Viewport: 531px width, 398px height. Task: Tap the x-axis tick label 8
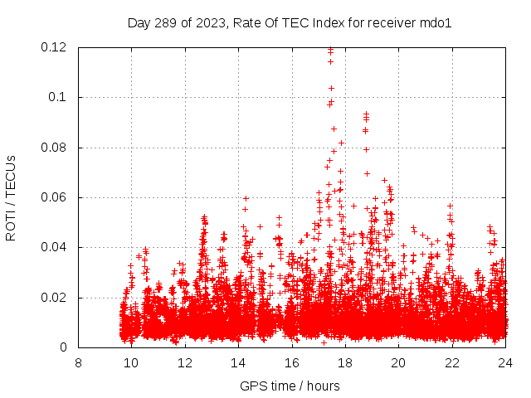tap(78, 363)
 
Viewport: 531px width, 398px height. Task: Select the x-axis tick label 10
tap(131, 363)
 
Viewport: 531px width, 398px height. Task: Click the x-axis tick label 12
tap(185, 363)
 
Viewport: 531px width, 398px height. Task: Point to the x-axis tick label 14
tap(238, 363)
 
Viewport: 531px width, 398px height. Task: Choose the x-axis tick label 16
tap(291, 363)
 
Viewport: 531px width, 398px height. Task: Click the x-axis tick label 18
tap(345, 363)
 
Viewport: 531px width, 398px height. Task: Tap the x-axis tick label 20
tap(398, 363)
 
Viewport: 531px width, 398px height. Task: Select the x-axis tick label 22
tap(452, 363)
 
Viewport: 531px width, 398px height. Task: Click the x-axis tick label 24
tap(505, 363)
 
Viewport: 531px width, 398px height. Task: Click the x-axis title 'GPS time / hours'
tap(291, 386)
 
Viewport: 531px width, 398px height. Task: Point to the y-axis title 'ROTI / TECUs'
tap(11, 197)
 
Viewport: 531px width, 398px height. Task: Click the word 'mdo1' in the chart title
tap(436, 22)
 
